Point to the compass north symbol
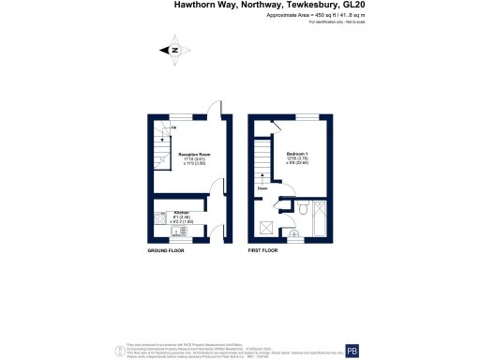[x=173, y=50]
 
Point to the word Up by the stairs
[x=147, y=125]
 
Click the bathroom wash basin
[x=292, y=211]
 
